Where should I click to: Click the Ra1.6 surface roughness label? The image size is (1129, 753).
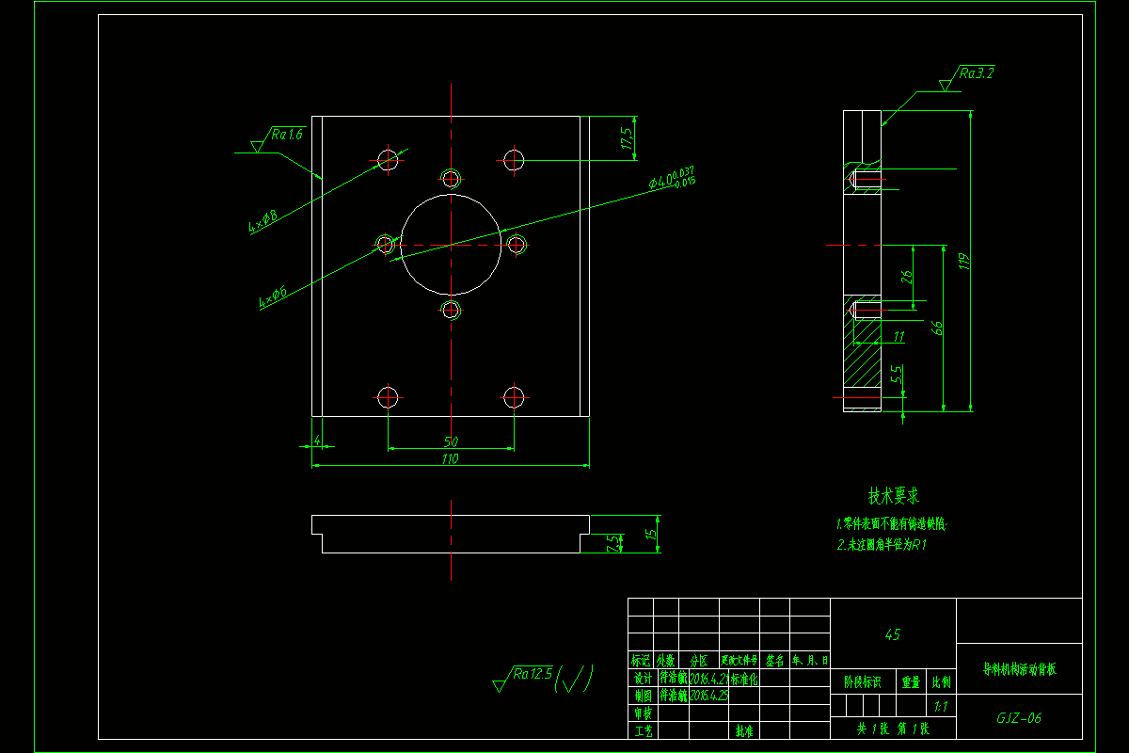(287, 135)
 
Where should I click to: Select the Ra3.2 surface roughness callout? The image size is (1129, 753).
(976, 72)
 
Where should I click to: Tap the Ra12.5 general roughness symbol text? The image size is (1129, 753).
(532, 673)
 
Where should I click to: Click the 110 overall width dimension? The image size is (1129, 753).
(450, 459)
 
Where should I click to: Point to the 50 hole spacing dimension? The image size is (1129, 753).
(451, 441)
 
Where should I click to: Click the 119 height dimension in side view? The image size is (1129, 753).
(963, 261)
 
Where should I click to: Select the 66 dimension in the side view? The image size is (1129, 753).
(936, 328)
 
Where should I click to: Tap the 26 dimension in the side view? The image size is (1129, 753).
(907, 277)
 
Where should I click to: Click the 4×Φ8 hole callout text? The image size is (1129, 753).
(263, 221)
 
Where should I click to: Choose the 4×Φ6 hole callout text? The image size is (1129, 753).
(273, 297)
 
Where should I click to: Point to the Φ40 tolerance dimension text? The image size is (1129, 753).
(671, 178)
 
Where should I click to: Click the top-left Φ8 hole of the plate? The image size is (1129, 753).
(388, 159)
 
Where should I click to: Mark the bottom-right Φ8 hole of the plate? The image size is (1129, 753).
(514, 396)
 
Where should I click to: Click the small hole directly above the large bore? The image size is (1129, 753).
(451, 178)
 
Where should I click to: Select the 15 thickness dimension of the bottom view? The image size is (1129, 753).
(649, 534)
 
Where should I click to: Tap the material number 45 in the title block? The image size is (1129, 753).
(892, 634)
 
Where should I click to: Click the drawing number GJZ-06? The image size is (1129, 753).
(1019, 718)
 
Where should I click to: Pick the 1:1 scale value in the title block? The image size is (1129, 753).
(940, 705)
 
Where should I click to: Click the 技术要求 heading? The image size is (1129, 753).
(893, 495)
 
